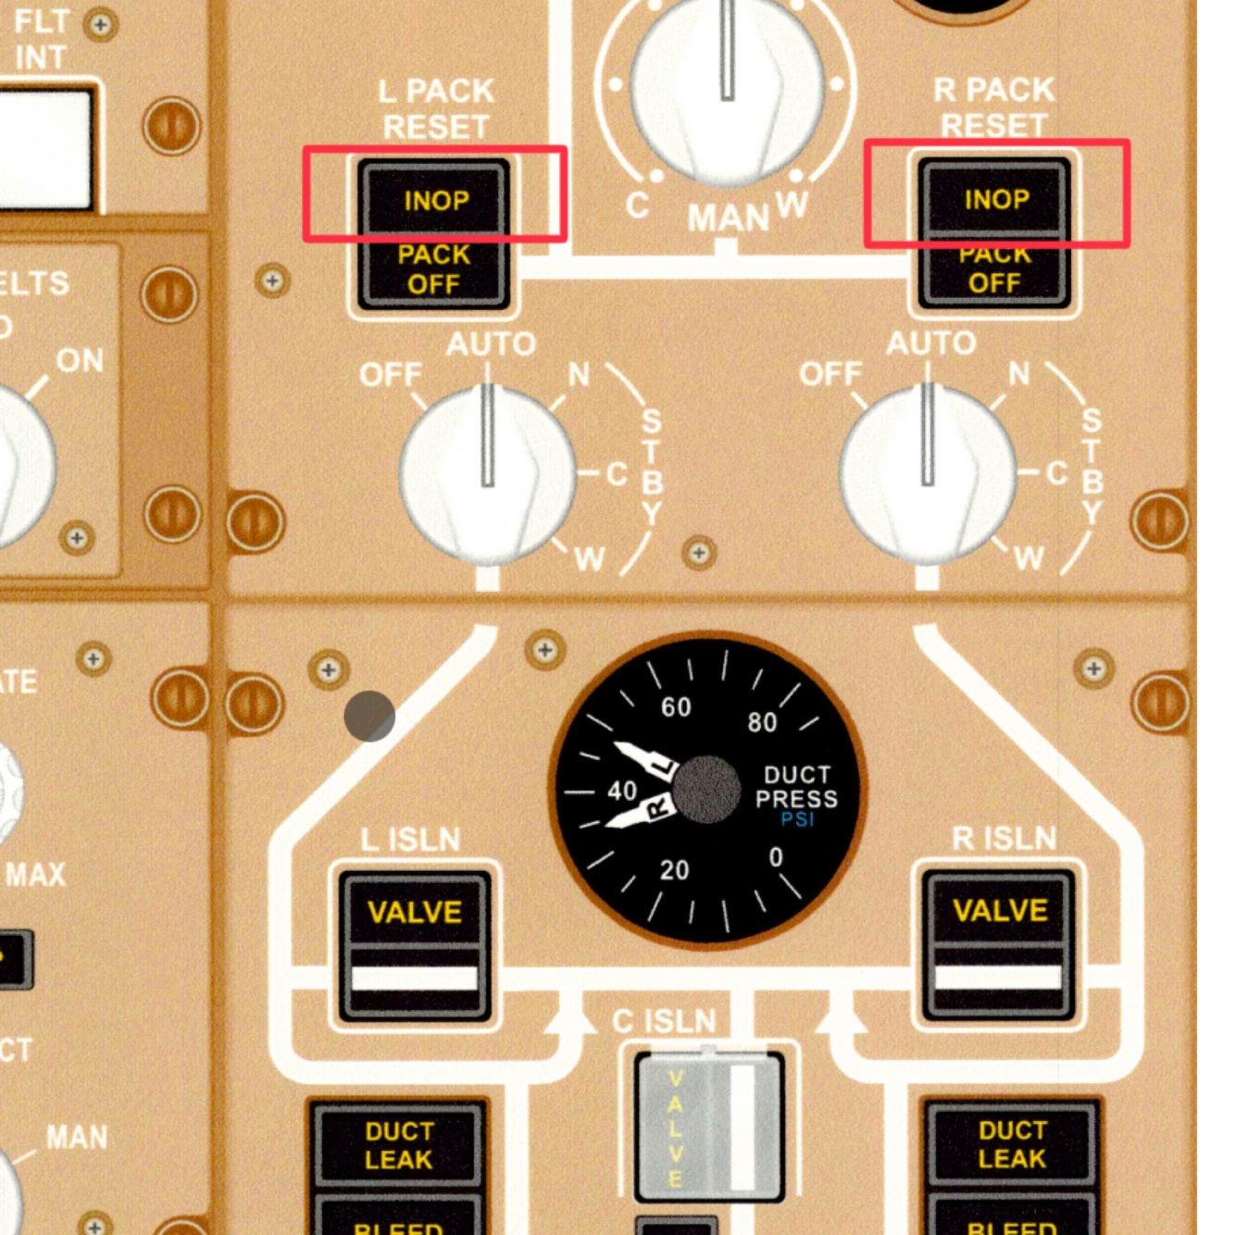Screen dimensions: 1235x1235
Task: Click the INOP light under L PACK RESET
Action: click(x=435, y=200)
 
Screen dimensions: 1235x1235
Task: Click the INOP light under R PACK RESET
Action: click(x=996, y=199)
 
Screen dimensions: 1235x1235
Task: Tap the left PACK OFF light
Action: click(x=433, y=269)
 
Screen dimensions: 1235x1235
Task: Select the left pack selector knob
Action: click(x=488, y=472)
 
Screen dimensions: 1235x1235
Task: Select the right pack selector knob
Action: click(x=928, y=472)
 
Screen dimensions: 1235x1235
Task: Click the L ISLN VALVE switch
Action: click(x=415, y=945)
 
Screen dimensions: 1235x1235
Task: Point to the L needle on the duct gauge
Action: click(x=646, y=758)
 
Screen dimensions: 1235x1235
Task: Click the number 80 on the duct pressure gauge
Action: click(x=762, y=722)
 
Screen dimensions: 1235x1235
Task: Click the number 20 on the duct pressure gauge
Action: click(x=674, y=870)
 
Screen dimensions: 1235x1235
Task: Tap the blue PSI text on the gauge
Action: click(x=797, y=820)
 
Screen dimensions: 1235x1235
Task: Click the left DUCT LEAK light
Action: click(x=398, y=1145)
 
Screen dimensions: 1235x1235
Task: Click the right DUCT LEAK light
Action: click(x=1012, y=1144)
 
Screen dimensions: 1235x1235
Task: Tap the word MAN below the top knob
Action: click(x=728, y=218)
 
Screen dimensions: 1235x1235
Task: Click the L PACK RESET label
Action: click(x=436, y=108)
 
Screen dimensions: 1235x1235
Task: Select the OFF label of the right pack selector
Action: click(x=830, y=374)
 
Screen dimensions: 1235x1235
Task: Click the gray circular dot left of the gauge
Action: click(x=369, y=716)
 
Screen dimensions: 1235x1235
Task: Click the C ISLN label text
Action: click(x=664, y=1021)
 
